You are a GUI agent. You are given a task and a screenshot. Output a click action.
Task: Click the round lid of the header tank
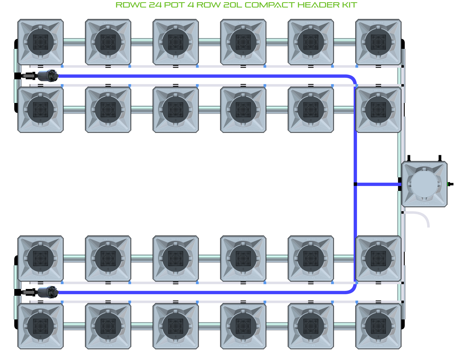[x=424, y=184]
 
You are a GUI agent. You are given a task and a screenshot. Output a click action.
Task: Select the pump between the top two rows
[x=47, y=76]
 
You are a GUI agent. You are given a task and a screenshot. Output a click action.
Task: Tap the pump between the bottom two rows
[x=47, y=292]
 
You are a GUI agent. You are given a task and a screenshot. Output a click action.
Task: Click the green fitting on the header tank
[x=449, y=184]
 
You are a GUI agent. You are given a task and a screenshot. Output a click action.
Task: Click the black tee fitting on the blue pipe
[x=355, y=184]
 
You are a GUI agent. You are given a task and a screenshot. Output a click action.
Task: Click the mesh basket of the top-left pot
[x=41, y=42]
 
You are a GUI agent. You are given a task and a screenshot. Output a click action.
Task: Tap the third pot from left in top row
[x=176, y=42]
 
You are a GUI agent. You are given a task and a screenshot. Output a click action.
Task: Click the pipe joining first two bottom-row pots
[x=74, y=326]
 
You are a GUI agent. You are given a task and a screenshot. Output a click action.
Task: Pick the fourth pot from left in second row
[x=243, y=110]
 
